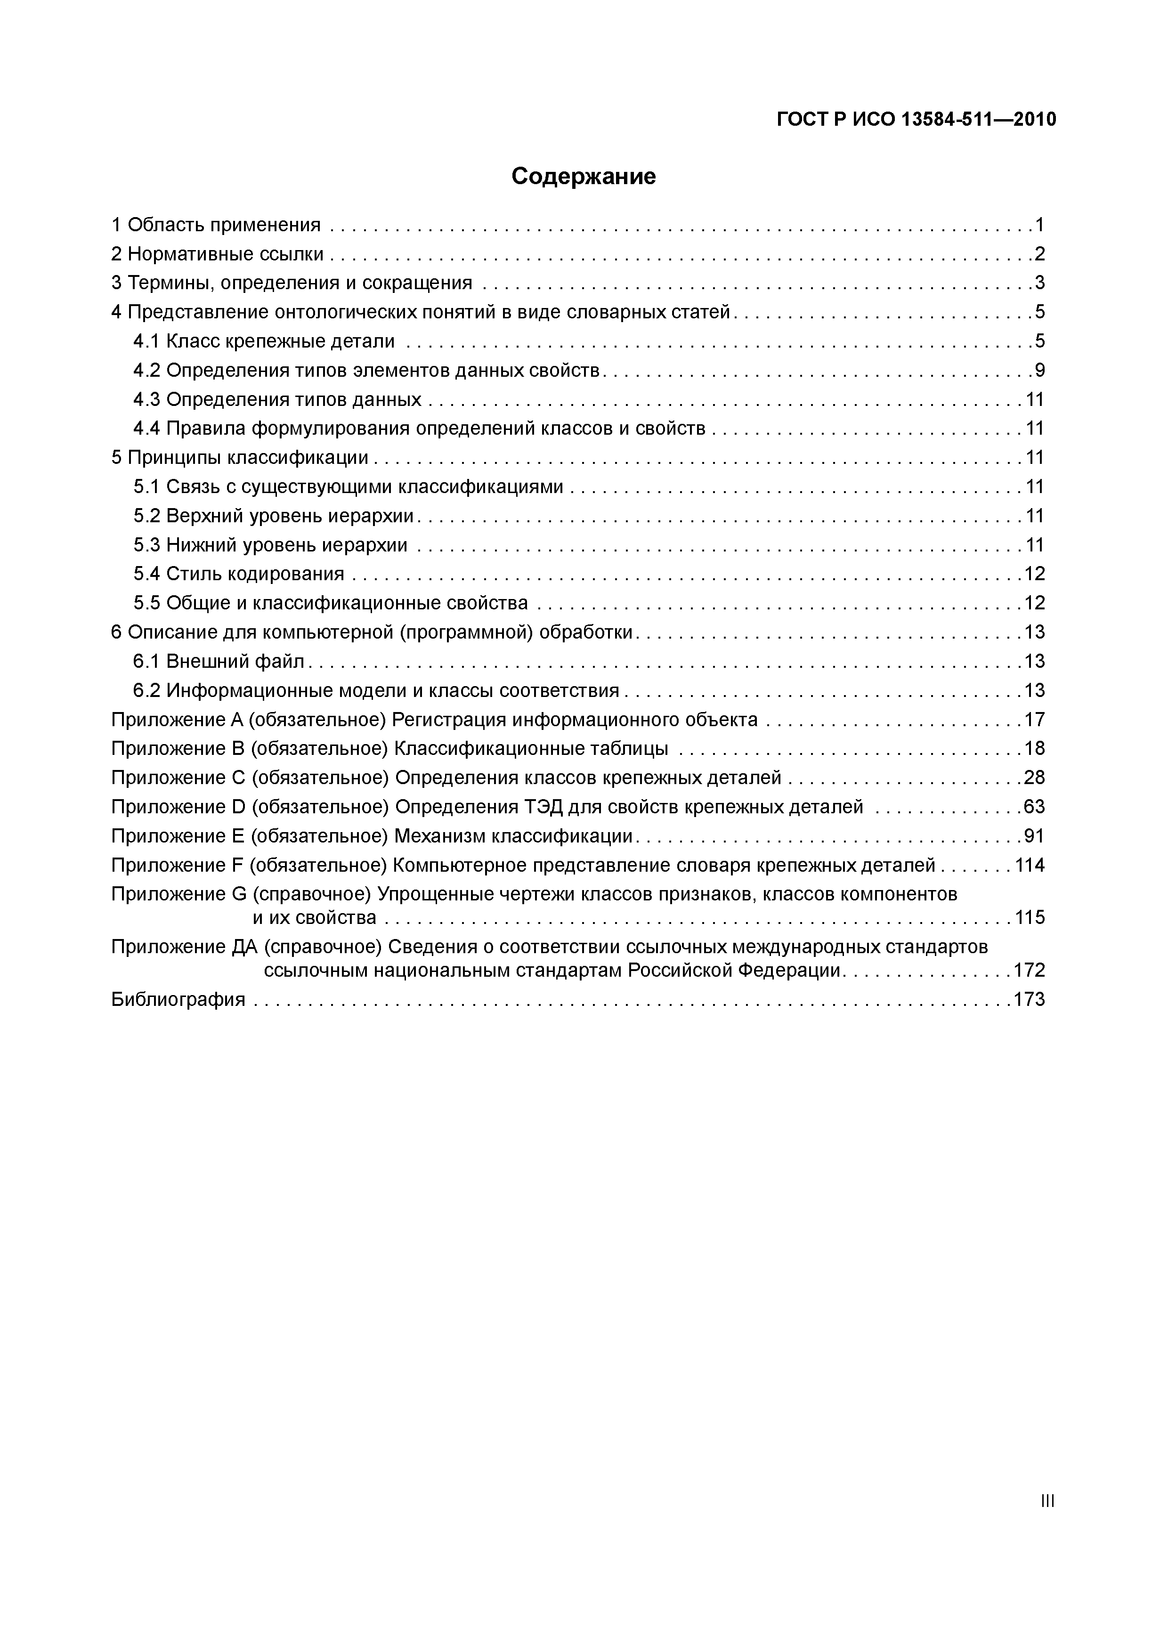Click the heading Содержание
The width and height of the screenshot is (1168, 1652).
pos(584,176)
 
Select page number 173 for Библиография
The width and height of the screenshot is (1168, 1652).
pos(1029,999)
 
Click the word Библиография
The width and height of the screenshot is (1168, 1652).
pos(178,999)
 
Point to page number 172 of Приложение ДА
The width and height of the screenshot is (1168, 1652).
pos(1029,970)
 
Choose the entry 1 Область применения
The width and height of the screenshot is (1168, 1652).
pos(216,225)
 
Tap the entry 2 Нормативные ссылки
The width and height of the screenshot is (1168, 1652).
pos(217,254)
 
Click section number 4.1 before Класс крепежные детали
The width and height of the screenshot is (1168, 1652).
pos(147,341)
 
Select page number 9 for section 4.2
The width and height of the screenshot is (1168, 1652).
pos(1039,371)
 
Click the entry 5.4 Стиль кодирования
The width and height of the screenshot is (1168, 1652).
pos(239,574)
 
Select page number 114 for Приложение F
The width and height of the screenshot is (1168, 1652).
pos(1029,865)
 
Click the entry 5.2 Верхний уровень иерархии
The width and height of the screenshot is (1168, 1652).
pos(274,515)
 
